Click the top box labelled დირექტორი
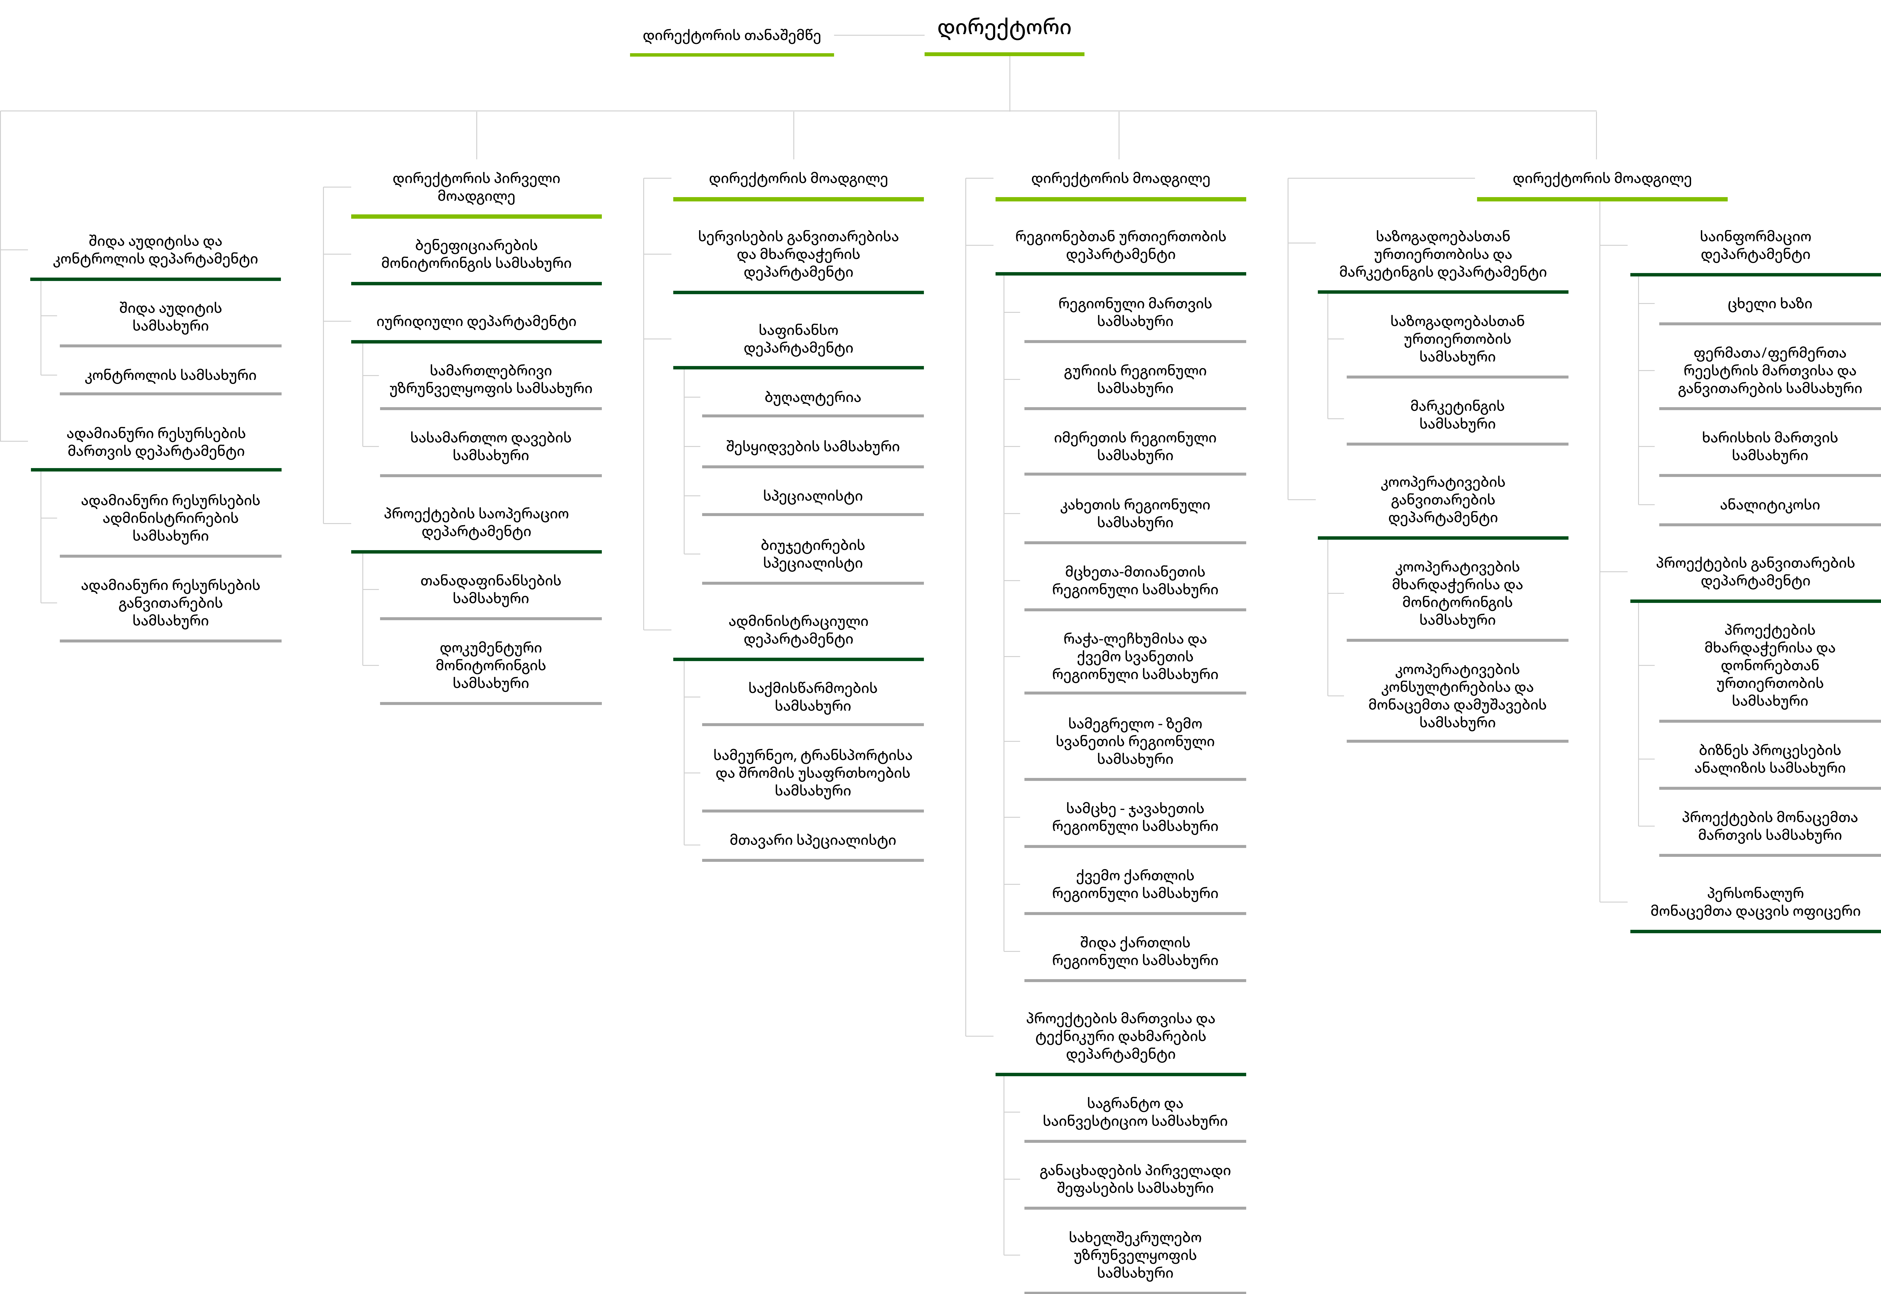1004,28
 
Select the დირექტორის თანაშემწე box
732,36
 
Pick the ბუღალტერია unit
813,397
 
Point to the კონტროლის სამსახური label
170,375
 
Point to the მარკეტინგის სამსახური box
1457,414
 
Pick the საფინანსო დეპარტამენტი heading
798,339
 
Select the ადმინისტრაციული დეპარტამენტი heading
798,630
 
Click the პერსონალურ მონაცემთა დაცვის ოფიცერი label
1755,902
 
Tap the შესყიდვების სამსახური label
813,447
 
